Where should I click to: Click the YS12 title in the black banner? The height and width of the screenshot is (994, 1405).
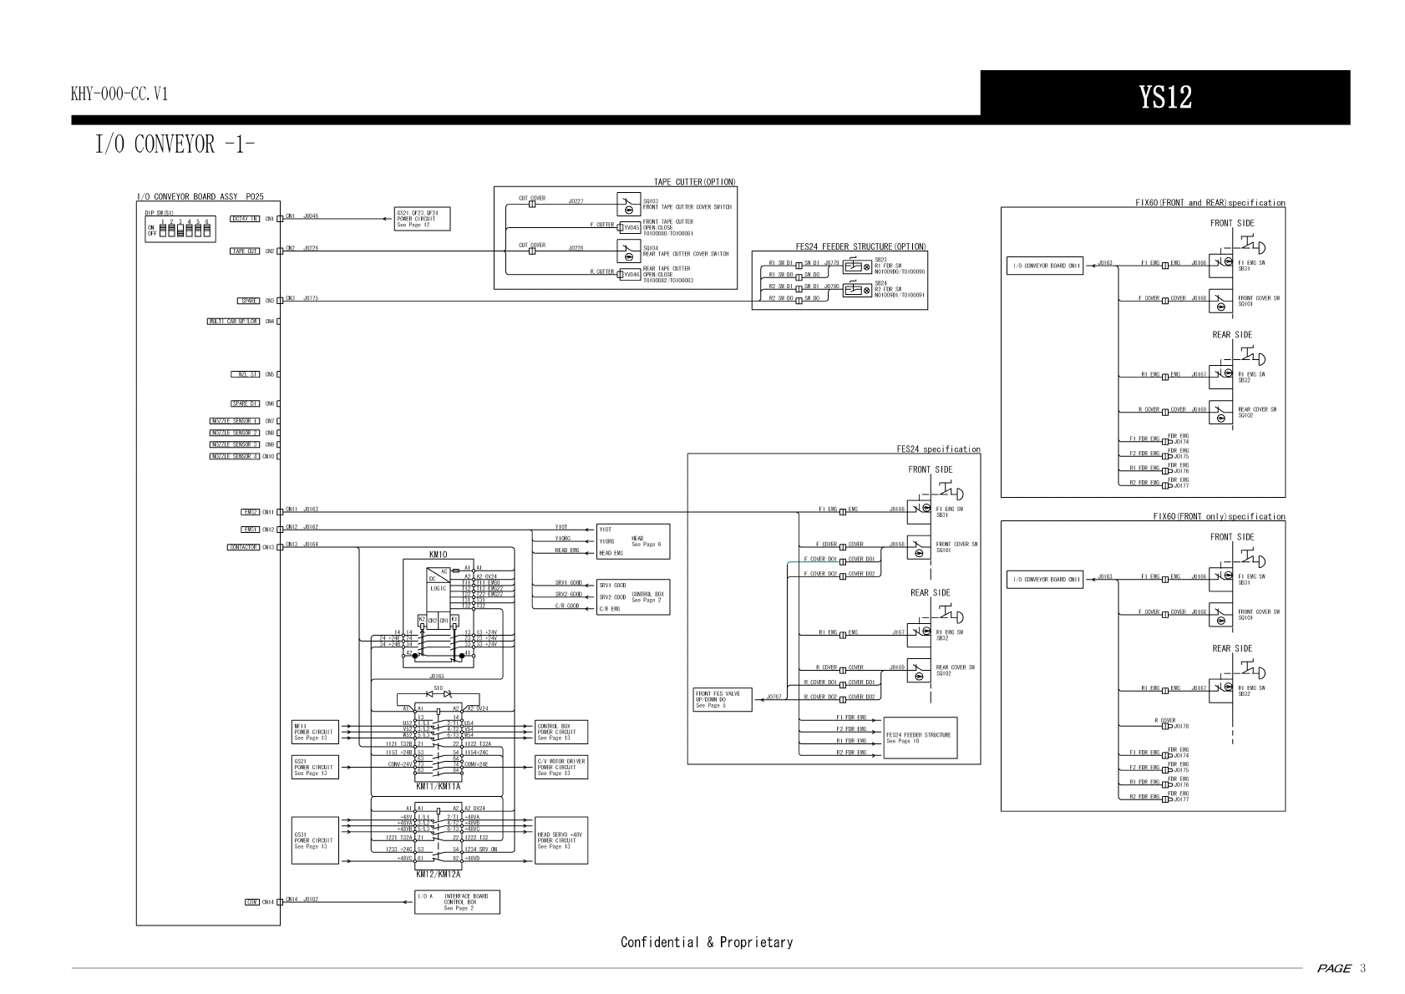click(x=1165, y=97)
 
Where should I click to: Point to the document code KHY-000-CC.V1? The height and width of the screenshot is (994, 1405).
click(x=119, y=94)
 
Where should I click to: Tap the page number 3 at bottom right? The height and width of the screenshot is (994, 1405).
click(x=1362, y=968)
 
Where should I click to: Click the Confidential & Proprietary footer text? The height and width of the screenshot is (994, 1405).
click(x=706, y=942)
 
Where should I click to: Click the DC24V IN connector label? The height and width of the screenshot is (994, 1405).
click(x=246, y=219)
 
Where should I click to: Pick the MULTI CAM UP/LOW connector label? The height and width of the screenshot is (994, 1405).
click(x=233, y=321)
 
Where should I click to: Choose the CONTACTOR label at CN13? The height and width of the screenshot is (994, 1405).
click(x=243, y=547)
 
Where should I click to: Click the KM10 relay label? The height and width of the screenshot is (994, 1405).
click(x=438, y=555)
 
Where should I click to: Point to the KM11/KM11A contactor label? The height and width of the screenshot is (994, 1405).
click(x=438, y=786)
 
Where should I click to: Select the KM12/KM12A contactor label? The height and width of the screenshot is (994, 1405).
click(x=438, y=875)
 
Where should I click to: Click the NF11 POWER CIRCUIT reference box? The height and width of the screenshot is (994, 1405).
click(x=314, y=732)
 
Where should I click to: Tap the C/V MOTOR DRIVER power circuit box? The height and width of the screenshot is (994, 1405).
click(x=560, y=767)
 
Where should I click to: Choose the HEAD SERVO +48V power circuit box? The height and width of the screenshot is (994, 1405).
click(x=560, y=839)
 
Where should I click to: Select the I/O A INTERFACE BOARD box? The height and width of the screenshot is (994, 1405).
click(x=457, y=902)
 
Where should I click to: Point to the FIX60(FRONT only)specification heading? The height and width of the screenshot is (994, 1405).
click(x=1219, y=517)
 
